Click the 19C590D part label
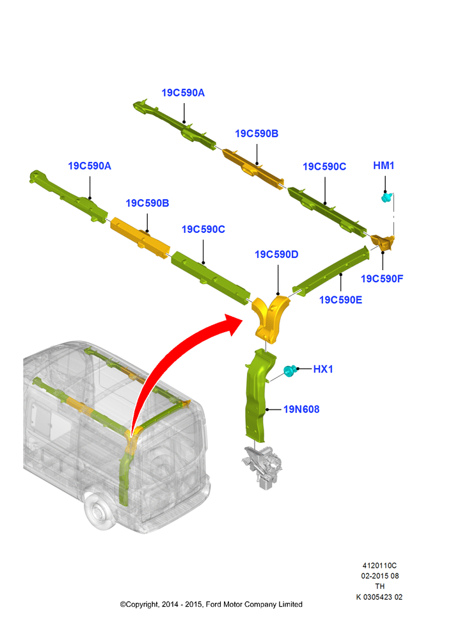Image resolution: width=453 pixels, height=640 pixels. tap(276, 254)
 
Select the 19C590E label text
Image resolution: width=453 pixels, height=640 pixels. tap(340, 300)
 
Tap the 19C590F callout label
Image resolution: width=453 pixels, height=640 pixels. tap(382, 279)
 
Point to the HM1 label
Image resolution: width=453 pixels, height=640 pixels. tap(384, 165)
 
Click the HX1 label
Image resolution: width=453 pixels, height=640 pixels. tap(323, 369)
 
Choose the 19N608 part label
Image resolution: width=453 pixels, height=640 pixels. tap(301, 409)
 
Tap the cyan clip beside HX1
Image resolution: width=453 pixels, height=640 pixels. tap(289, 371)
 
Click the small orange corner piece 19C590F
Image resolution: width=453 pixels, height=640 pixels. tap(384, 243)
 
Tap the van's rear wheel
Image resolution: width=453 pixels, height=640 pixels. tap(97, 511)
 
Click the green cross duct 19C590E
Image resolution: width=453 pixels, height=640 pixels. tap(331, 271)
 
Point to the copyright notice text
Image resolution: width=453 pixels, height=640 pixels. tap(211, 604)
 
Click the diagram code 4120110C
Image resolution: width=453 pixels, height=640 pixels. tap(379, 565)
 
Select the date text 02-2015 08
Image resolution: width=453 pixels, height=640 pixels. tap(380, 576)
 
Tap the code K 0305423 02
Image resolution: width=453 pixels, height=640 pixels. tap(379, 596)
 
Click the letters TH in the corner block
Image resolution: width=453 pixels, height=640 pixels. tap(380, 586)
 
